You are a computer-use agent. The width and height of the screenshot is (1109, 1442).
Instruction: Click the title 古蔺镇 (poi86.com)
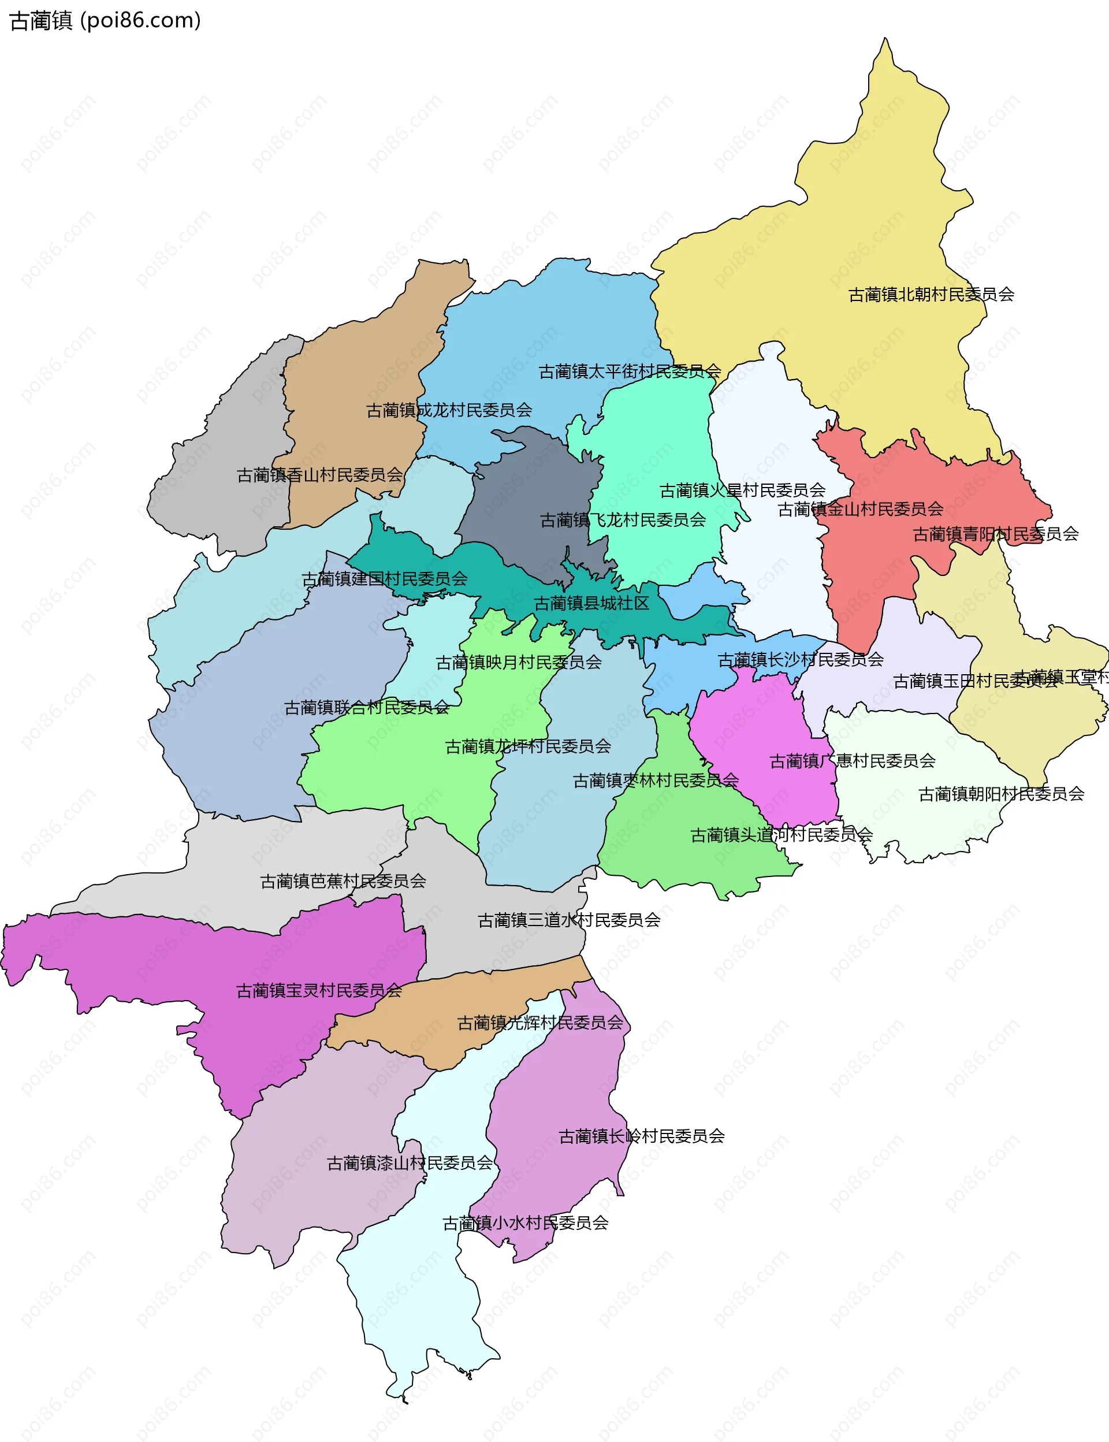(x=106, y=20)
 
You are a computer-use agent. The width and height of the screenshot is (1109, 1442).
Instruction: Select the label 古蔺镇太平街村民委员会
(x=630, y=371)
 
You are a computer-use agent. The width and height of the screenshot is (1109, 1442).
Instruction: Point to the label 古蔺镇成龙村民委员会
(x=449, y=410)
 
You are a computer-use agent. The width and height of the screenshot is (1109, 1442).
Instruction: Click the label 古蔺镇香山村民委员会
(x=319, y=475)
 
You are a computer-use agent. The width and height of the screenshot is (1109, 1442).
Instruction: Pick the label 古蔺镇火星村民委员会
(x=742, y=490)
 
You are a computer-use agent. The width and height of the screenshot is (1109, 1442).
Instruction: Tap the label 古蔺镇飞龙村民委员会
(x=623, y=521)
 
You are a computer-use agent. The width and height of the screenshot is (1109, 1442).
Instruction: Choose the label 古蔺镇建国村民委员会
(x=384, y=579)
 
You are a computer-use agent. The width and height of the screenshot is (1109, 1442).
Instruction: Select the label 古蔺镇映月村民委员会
(x=518, y=662)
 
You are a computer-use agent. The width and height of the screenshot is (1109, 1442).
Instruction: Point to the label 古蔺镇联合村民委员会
(x=366, y=708)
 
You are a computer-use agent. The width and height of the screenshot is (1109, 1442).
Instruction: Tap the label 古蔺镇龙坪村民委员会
(x=527, y=747)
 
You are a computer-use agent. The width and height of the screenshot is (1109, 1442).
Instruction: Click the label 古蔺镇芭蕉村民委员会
(x=343, y=882)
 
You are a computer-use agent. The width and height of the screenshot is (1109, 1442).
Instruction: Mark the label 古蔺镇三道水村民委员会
(x=569, y=920)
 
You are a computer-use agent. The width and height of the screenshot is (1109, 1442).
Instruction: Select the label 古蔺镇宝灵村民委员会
(x=319, y=991)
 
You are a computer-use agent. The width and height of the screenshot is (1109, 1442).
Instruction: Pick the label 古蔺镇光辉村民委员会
(x=540, y=1023)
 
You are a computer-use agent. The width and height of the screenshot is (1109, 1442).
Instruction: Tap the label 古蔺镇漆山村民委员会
(x=410, y=1164)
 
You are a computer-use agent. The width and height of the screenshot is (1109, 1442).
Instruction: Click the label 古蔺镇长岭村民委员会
(x=642, y=1136)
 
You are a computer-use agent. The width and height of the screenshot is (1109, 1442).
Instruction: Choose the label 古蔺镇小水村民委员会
(x=525, y=1224)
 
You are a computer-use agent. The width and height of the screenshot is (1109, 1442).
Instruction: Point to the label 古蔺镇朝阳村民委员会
(x=1001, y=794)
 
